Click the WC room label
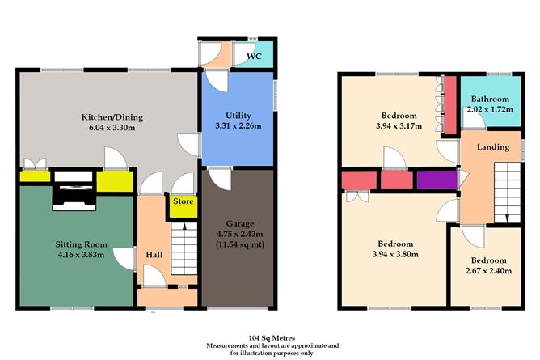254,56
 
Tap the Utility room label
238,116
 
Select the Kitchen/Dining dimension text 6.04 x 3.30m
112,128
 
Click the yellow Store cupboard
184,206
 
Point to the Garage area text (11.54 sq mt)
240,245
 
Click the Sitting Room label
82,244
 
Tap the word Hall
154,255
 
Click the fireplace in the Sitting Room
74,190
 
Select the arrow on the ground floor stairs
184,227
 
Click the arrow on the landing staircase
507,218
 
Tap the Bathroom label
490,99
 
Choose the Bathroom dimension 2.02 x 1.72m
490,109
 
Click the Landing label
493,147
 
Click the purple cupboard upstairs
437,180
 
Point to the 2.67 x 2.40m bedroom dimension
488,271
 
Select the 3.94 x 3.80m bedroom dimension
395,255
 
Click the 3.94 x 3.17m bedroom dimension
399,126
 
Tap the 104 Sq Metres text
272,338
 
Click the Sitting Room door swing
124,259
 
